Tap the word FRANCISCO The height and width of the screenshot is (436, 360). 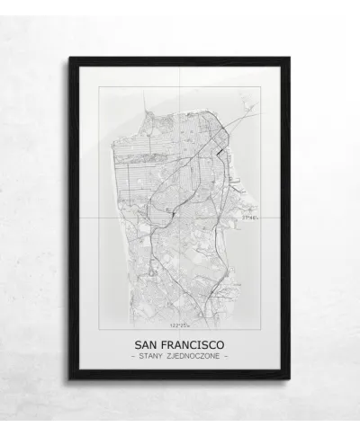click(x=193, y=344)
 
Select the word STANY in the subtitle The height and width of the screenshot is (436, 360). click(x=156, y=358)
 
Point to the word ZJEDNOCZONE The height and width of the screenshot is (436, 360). click(x=199, y=358)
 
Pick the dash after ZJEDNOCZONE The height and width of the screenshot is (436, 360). click(x=227, y=358)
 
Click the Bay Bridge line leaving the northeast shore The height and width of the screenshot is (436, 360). click(x=241, y=117)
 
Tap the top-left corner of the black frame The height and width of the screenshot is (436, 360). click(x=69, y=58)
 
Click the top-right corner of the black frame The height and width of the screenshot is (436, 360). click(x=290, y=58)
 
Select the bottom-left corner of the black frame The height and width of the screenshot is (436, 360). click(x=69, y=378)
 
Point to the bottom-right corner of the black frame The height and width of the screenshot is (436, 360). click(x=290, y=378)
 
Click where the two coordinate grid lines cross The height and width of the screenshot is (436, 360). click(x=180, y=219)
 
